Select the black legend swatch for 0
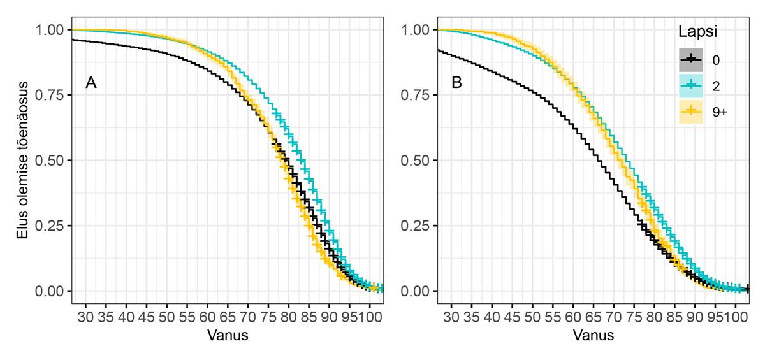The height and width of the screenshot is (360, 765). click(x=689, y=60)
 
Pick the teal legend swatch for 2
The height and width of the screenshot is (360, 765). click(x=689, y=85)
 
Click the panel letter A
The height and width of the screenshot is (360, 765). click(x=91, y=83)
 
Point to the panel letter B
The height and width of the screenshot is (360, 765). click(x=456, y=83)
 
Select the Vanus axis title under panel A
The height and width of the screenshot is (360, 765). click(x=228, y=335)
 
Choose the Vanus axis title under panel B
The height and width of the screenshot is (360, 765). click(x=594, y=335)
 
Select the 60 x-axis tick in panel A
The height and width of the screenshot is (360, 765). click(x=207, y=317)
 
